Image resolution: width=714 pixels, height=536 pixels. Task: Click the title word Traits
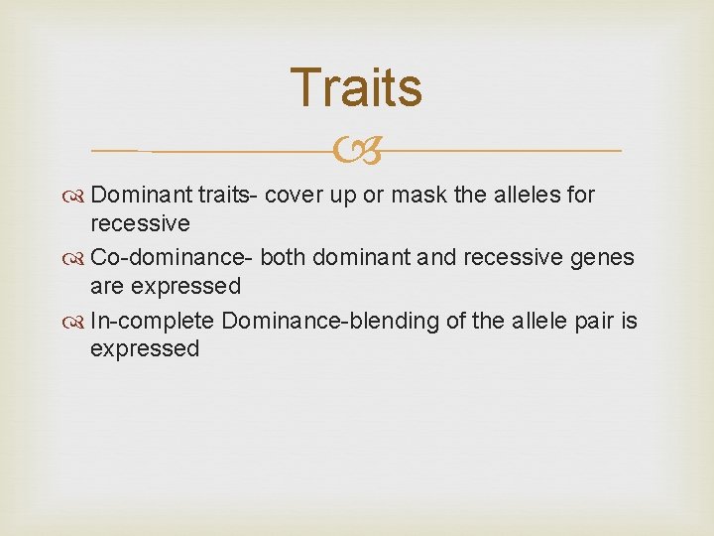(x=356, y=87)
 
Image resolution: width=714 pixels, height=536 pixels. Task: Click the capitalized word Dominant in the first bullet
(x=136, y=195)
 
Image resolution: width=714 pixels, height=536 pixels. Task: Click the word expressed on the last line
(x=145, y=349)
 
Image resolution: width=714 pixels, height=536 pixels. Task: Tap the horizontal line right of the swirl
(x=501, y=151)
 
